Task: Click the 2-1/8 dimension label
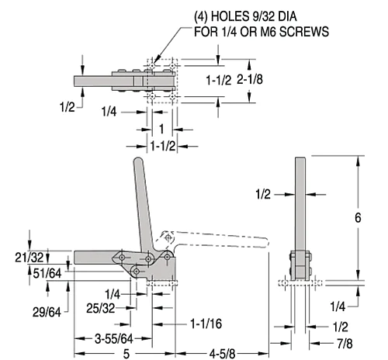[x=250, y=79]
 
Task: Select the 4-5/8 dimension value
[x=222, y=354]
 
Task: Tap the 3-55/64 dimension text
[x=114, y=338]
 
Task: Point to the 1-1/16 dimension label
[x=206, y=324]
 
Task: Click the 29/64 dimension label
[x=47, y=312]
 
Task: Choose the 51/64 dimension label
[x=47, y=273]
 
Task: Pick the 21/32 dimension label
[x=29, y=258]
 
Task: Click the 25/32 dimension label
[x=100, y=308]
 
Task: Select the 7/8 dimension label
[x=345, y=344]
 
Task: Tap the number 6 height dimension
[x=358, y=218]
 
